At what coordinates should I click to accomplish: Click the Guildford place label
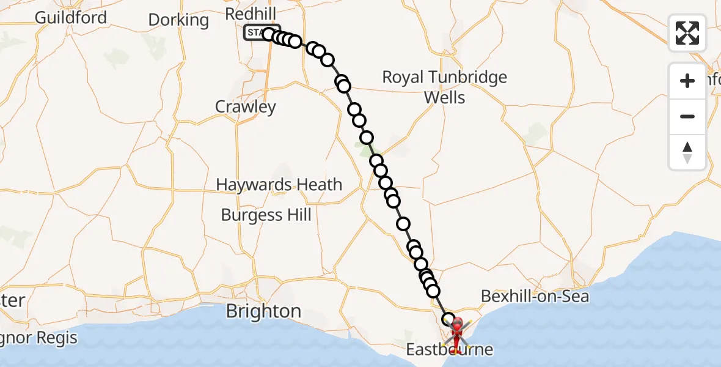[x=70, y=17]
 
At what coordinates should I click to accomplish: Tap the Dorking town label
[x=178, y=20]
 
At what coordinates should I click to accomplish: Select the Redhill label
[x=251, y=13]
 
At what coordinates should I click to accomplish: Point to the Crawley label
[x=246, y=107]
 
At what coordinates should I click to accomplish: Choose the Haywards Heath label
[x=279, y=185]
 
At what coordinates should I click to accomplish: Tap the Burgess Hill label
[x=266, y=215]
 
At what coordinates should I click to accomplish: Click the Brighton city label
[x=263, y=311]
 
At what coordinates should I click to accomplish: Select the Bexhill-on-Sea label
[x=535, y=297]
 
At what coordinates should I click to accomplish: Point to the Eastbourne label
[x=449, y=350]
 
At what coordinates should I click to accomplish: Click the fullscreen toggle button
[x=687, y=33]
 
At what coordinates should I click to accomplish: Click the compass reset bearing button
[x=687, y=152]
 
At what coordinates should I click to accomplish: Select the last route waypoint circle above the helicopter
[x=448, y=319]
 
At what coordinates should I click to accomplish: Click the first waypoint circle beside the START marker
[x=269, y=34]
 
